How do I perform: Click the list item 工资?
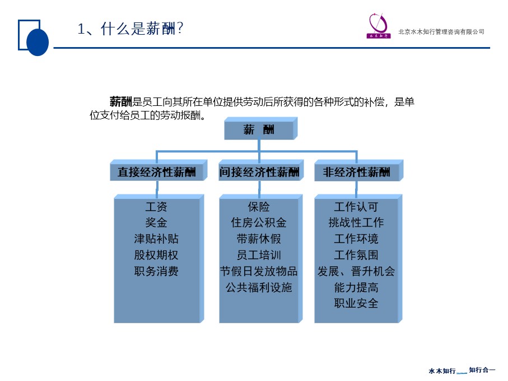click(x=156, y=207)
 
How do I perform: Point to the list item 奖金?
click(x=156, y=222)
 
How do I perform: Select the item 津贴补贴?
click(x=156, y=239)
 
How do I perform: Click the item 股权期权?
click(x=156, y=255)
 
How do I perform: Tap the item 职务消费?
click(x=156, y=271)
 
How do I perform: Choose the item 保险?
click(x=259, y=207)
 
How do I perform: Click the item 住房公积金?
click(x=259, y=222)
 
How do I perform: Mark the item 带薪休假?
click(x=259, y=239)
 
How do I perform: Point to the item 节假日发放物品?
click(x=259, y=271)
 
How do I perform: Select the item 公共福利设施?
click(x=259, y=287)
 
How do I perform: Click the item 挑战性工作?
click(x=356, y=222)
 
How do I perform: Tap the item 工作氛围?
click(x=356, y=255)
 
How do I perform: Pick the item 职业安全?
click(x=356, y=303)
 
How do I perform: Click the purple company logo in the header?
click(x=379, y=26)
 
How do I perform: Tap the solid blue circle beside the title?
click(x=38, y=42)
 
